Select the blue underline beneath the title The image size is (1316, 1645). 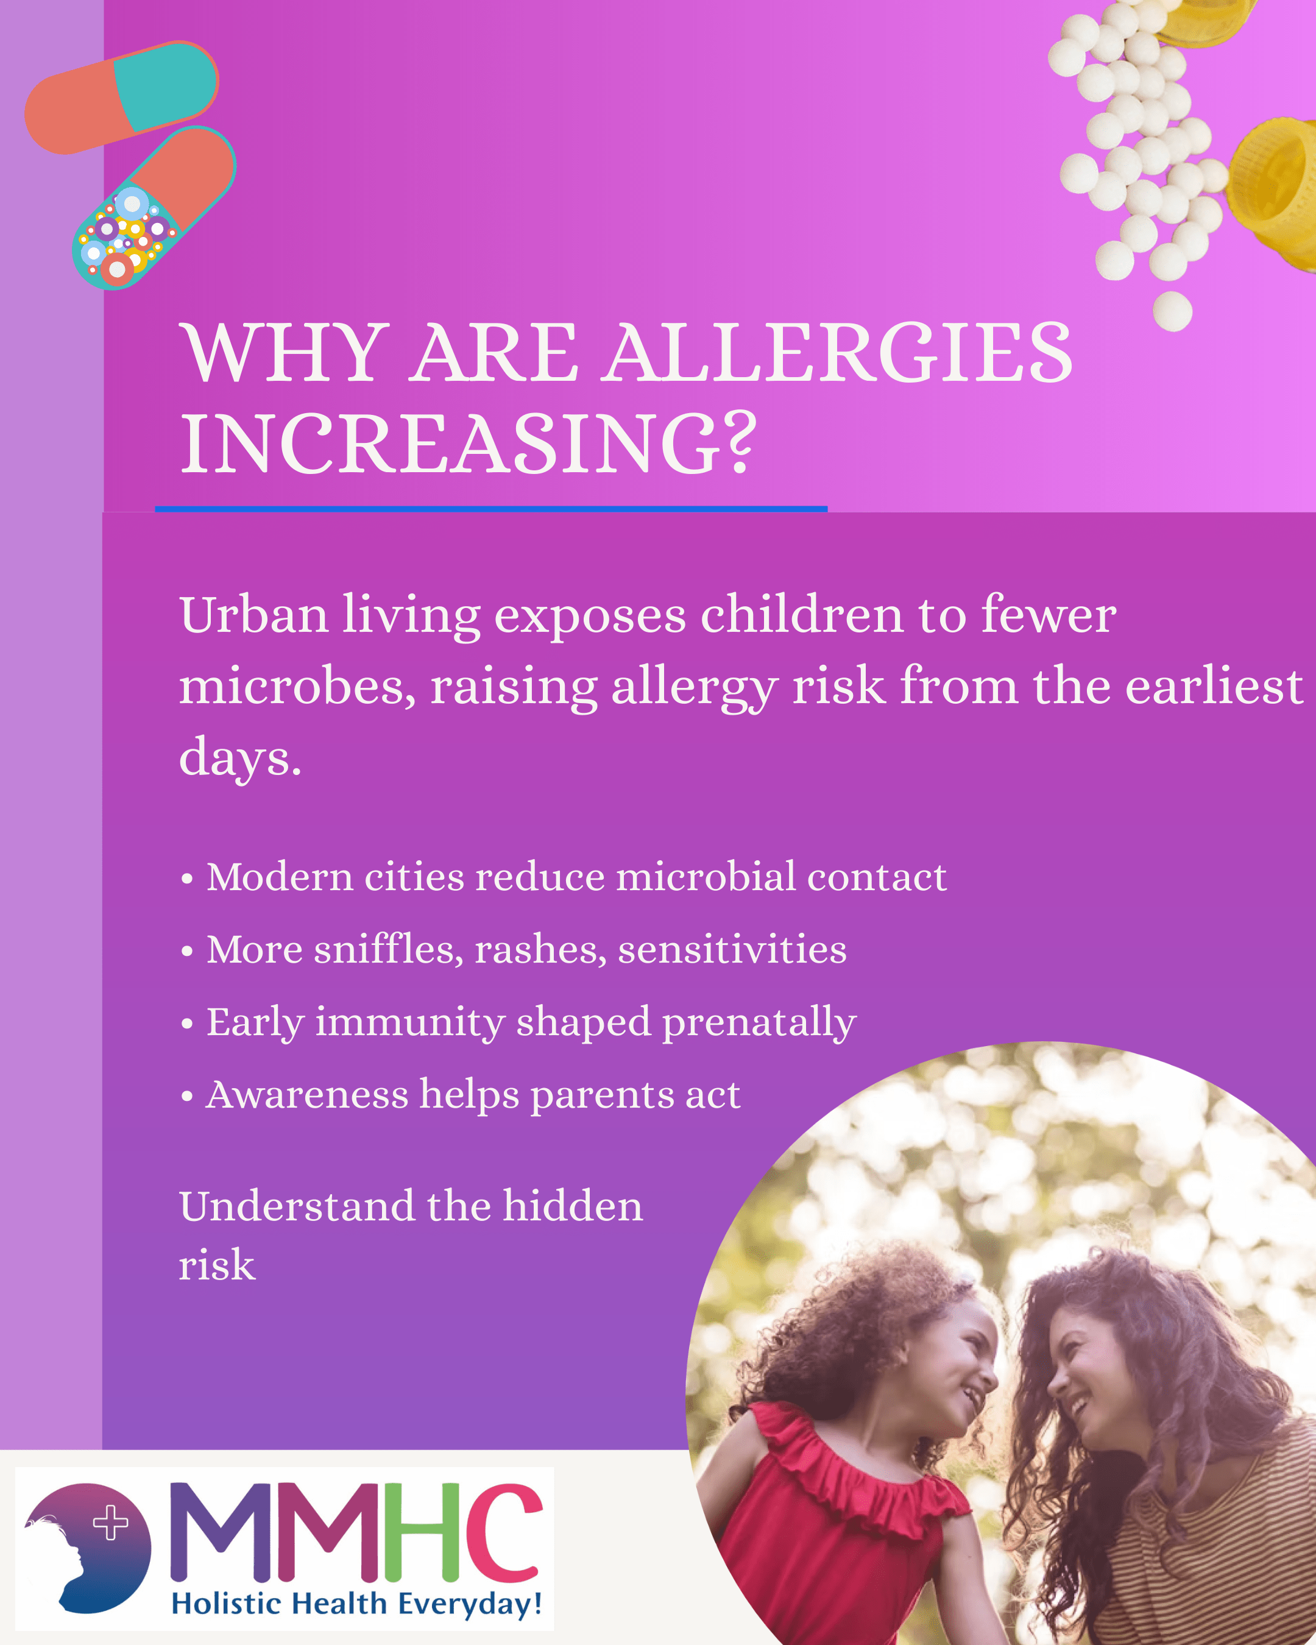[490, 508]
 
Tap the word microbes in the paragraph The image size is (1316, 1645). [297, 686]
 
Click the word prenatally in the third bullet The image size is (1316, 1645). [759, 1023]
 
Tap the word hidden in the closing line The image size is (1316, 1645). [572, 1207]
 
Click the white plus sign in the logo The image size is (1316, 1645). [111, 1522]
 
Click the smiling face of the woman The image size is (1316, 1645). [1083, 1373]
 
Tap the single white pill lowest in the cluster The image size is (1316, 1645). [1173, 311]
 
